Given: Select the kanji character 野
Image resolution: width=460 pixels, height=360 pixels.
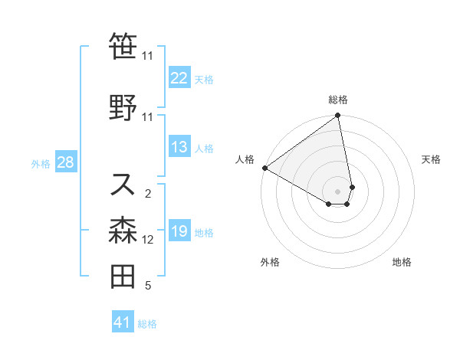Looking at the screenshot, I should (123, 107).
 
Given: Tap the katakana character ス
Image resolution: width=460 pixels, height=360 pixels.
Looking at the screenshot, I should (123, 184).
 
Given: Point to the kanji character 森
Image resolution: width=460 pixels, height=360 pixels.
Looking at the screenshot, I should (123, 230).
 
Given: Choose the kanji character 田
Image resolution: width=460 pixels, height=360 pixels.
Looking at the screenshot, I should (123, 277).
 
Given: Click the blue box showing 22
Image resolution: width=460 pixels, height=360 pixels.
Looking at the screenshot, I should (179, 77).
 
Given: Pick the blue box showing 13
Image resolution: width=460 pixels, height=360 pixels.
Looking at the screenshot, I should (179, 148).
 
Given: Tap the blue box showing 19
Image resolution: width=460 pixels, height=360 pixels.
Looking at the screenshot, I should (179, 231).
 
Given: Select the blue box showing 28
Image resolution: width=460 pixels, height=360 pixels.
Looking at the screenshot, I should (65, 163).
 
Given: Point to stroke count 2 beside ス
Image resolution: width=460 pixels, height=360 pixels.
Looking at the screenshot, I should (148, 193).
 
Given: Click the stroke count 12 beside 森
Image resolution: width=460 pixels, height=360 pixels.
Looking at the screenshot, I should (148, 240).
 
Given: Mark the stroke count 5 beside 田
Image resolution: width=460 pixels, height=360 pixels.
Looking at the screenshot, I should (148, 286).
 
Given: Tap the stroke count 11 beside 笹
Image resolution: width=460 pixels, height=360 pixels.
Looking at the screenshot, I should (147, 56).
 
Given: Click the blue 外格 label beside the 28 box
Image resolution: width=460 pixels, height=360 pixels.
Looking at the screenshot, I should (41, 164).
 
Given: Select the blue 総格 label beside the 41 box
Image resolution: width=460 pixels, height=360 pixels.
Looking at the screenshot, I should (147, 324).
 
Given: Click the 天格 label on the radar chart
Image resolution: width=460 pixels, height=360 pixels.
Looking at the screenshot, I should (431, 159).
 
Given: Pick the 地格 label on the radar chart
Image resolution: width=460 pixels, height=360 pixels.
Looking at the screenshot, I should (402, 263).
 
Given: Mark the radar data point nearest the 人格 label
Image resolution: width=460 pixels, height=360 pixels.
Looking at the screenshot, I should (264, 168).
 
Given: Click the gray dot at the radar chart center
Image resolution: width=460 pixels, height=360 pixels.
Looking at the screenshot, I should (338, 191).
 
